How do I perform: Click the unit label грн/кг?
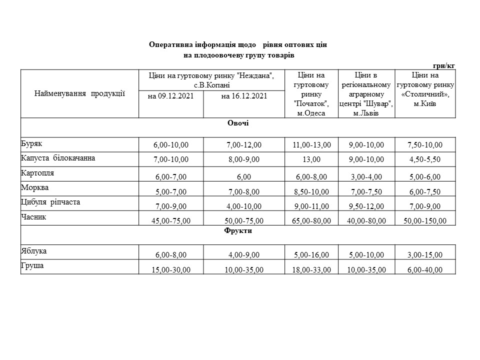tap(444, 65)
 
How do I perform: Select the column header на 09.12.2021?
tap(171, 96)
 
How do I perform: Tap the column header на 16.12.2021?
tap(244, 96)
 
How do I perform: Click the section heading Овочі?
tap(238, 123)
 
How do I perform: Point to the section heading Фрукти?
tap(238, 231)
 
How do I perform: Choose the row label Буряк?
tap(31, 143)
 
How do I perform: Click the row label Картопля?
tap(37, 173)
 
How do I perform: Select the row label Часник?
tap(33, 217)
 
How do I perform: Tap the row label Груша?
tap(32, 265)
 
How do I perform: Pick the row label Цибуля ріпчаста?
tap(50, 202)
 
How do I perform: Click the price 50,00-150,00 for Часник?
tap(425, 220)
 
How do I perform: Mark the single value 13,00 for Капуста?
tap(311, 159)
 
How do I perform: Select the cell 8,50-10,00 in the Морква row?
tap(311, 191)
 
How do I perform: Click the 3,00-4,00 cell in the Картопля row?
tap(367, 177)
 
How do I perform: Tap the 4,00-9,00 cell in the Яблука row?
tap(243, 255)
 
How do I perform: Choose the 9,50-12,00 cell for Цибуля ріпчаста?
tap(367, 206)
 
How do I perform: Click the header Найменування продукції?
tap(79, 93)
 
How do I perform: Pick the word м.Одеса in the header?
tap(311, 113)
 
